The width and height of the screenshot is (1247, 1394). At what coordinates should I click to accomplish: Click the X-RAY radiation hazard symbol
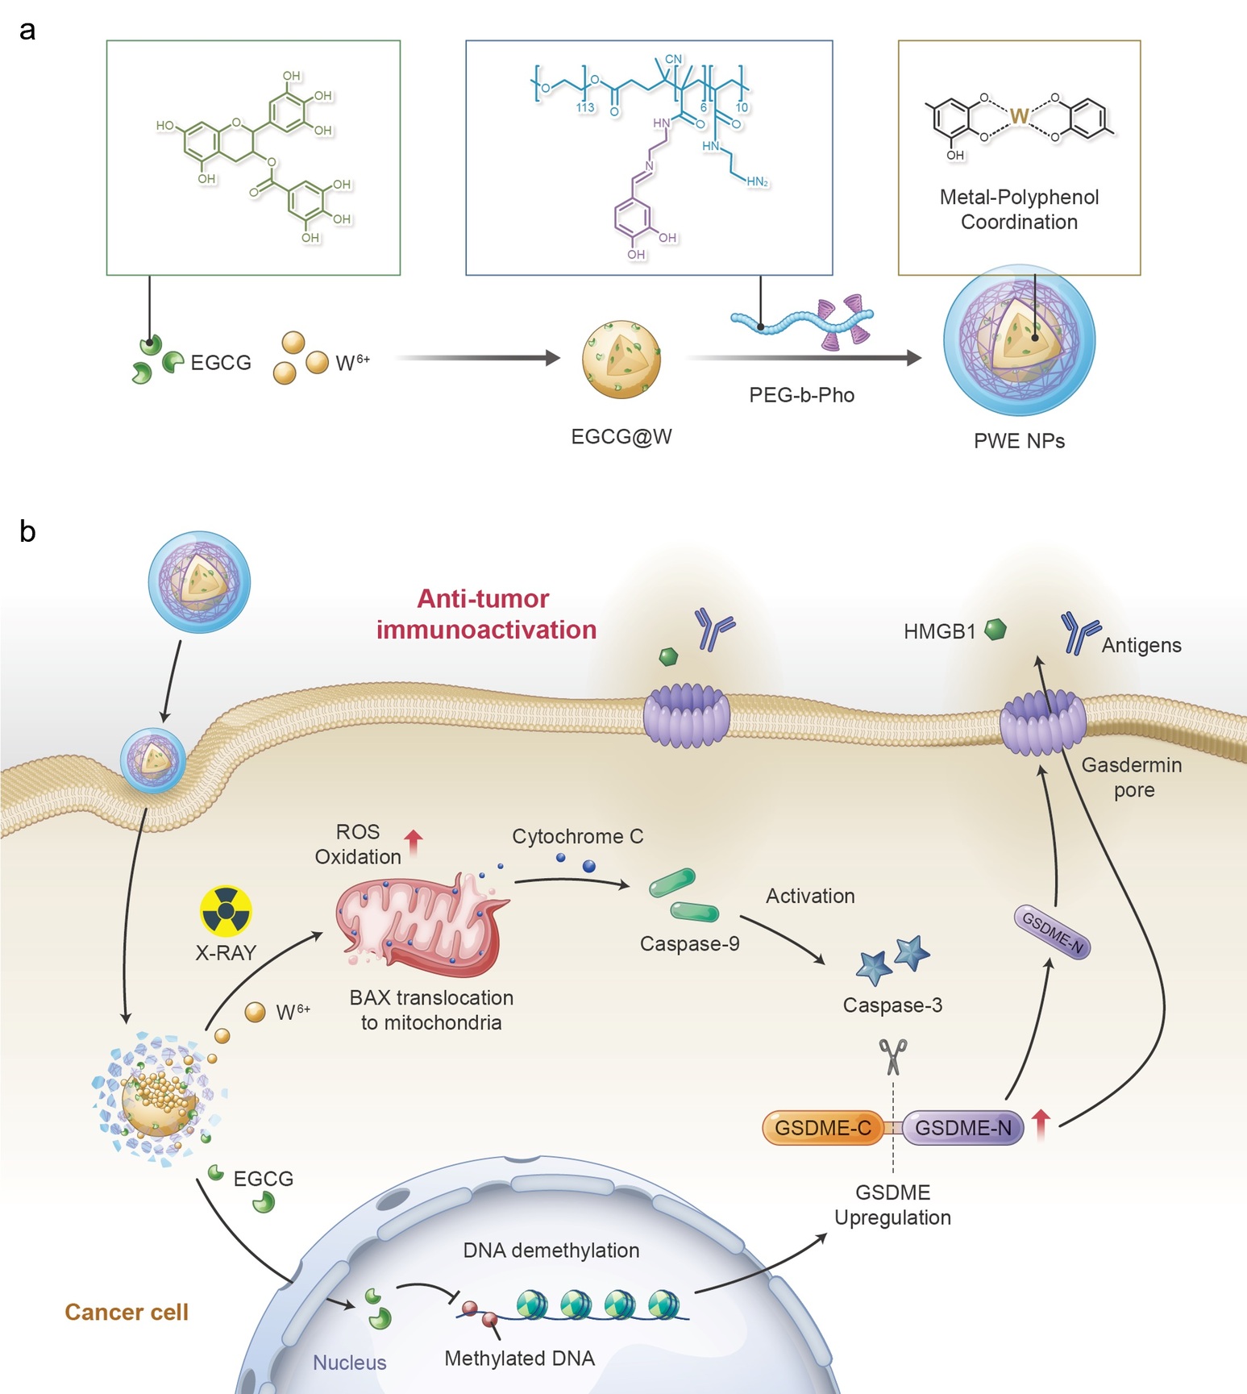[x=226, y=912]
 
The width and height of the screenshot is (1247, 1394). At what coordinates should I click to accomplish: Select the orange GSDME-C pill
[x=823, y=1128]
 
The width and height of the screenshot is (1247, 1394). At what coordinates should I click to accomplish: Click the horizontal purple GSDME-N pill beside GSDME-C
[x=962, y=1128]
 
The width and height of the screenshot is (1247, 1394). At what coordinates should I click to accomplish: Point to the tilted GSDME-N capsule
[x=1052, y=932]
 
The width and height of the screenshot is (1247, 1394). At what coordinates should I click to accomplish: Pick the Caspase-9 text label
[x=690, y=943]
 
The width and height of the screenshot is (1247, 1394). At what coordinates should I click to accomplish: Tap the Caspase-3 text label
[x=892, y=1005]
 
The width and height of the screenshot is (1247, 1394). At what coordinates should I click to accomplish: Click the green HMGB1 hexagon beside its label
[x=996, y=629]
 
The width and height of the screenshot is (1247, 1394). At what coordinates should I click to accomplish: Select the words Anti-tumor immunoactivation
[x=486, y=614]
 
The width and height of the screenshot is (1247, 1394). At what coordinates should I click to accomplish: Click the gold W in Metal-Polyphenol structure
[x=1019, y=116]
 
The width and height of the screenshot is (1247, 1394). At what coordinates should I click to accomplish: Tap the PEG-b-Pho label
[x=802, y=395]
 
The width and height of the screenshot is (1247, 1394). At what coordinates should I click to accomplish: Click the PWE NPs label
[x=1020, y=441]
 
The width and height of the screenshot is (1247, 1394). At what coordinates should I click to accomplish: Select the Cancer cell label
[x=127, y=1312]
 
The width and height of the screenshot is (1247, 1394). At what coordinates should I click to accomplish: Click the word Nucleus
[x=350, y=1363]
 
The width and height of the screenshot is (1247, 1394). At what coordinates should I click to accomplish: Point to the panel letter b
[x=27, y=531]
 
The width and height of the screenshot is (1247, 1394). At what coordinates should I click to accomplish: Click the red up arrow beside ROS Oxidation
[x=414, y=843]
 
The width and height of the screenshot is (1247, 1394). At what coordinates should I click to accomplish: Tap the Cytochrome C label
[x=578, y=836]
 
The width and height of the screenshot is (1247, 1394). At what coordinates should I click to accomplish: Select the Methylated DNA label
[x=520, y=1359]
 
